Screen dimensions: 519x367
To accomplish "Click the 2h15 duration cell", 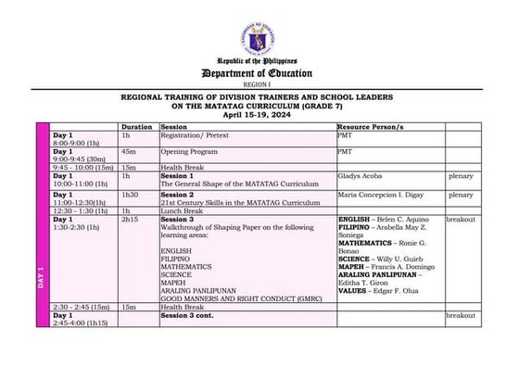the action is [x=131, y=220].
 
